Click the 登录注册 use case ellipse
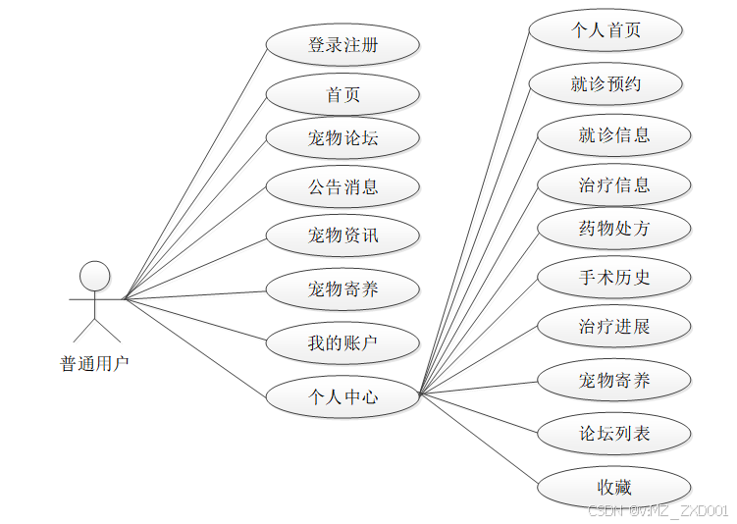(x=342, y=45)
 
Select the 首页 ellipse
(x=342, y=94)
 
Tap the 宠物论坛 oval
(x=342, y=138)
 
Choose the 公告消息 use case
(x=342, y=186)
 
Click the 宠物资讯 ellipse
(x=342, y=236)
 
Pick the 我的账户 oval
(x=342, y=343)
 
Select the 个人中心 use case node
(x=342, y=396)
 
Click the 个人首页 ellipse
(x=605, y=30)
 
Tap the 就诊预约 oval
(x=605, y=84)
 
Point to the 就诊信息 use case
(x=614, y=135)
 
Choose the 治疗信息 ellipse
(x=614, y=184)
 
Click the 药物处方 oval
(x=614, y=229)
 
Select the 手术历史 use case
(x=614, y=278)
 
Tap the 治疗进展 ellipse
(x=614, y=326)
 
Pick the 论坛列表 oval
(x=614, y=433)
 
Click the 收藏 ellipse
(x=614, y=487)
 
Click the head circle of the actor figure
(x=94, y=276)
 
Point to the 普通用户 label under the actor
(x=94, y=364)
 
